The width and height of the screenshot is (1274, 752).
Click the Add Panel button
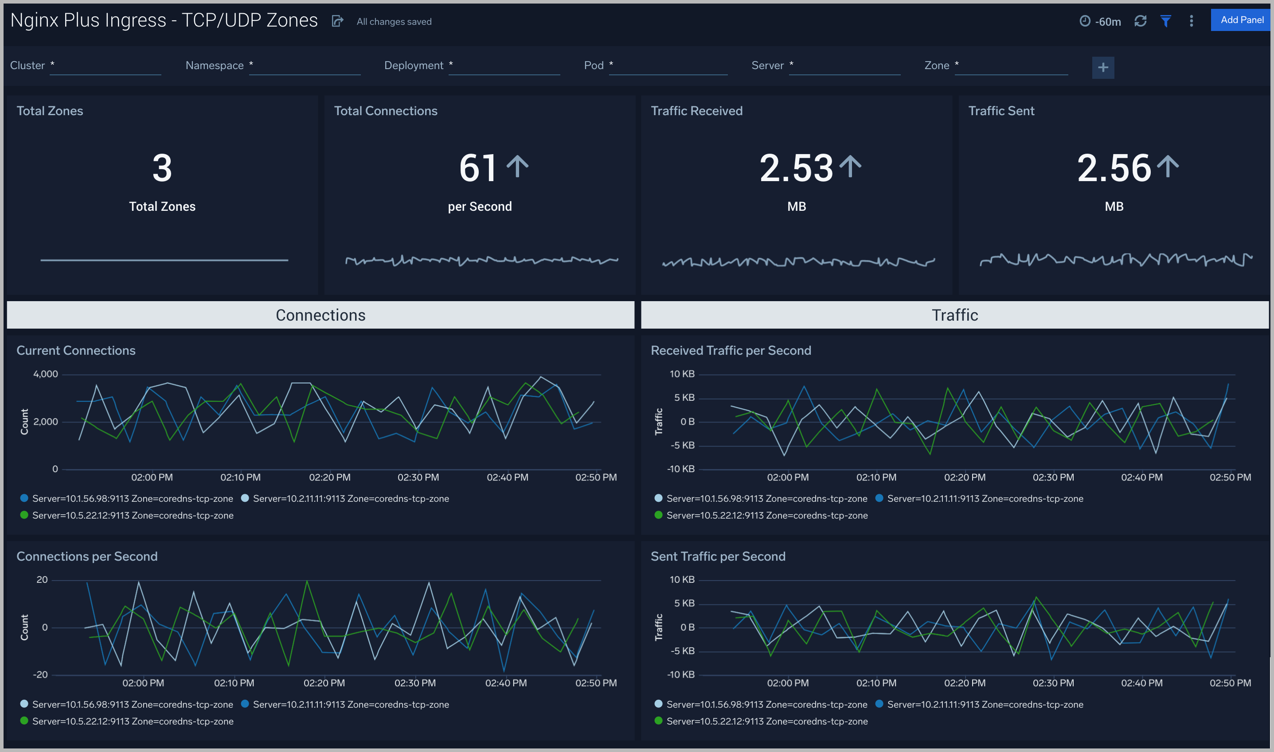point(1241,20)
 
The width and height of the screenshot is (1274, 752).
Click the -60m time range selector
point(1100,21)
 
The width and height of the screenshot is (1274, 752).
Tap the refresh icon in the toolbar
point(1141,21)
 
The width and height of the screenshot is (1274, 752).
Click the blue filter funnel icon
point(1165,21)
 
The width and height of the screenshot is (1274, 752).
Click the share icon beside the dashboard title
point(337,21)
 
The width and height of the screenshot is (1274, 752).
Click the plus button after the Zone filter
point(1102,67)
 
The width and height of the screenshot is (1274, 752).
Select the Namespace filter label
point(214,66)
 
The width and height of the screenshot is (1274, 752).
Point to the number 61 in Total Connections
point(477,168)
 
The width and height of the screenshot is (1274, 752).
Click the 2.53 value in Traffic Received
point(796,168)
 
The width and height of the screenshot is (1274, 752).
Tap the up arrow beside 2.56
point(1168,166)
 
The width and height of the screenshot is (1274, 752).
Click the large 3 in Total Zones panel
point(162,168)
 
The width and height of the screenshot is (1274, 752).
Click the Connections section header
point(320,315)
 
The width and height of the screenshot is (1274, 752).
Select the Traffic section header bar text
point(954,315)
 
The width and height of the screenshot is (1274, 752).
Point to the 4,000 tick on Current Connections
point(46,374)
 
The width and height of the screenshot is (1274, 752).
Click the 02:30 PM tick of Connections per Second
point(415,683)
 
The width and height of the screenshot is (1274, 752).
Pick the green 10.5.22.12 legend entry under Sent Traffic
point(766,721)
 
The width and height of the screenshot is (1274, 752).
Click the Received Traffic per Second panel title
point(731,351)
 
